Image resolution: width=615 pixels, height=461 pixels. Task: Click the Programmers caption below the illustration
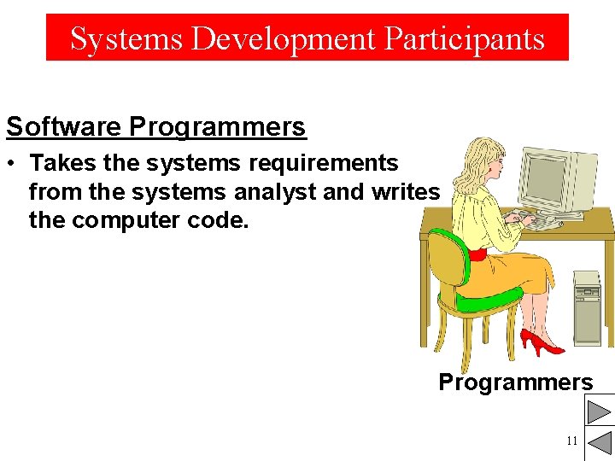(515, 382)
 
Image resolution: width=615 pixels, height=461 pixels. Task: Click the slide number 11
(571, 441)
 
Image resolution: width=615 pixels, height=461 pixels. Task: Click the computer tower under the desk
(588, 307)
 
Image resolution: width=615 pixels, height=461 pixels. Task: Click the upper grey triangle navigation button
(599, 412)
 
